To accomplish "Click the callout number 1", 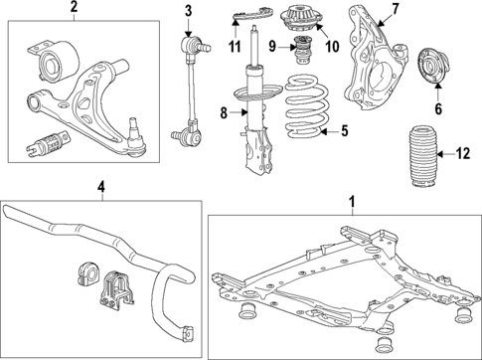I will coord(350,203).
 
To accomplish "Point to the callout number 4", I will coord(100,187).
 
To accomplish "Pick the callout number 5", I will coord(345,129).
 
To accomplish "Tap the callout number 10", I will coord(331,46).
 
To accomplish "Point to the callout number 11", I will coord(235,47).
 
